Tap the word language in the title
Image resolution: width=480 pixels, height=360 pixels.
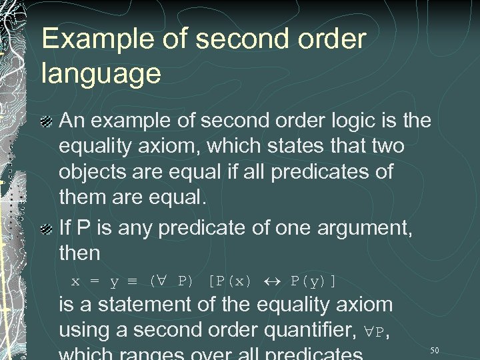point(101,73)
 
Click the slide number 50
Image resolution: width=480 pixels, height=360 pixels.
point(435,350)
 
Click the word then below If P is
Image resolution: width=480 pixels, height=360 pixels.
point(79,254)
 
